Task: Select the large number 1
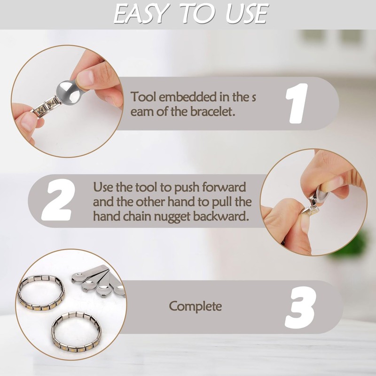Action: click(297, 103)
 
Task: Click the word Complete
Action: click(195, 306)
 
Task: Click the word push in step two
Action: click(188, 187)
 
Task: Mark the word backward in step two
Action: click(223, 217)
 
